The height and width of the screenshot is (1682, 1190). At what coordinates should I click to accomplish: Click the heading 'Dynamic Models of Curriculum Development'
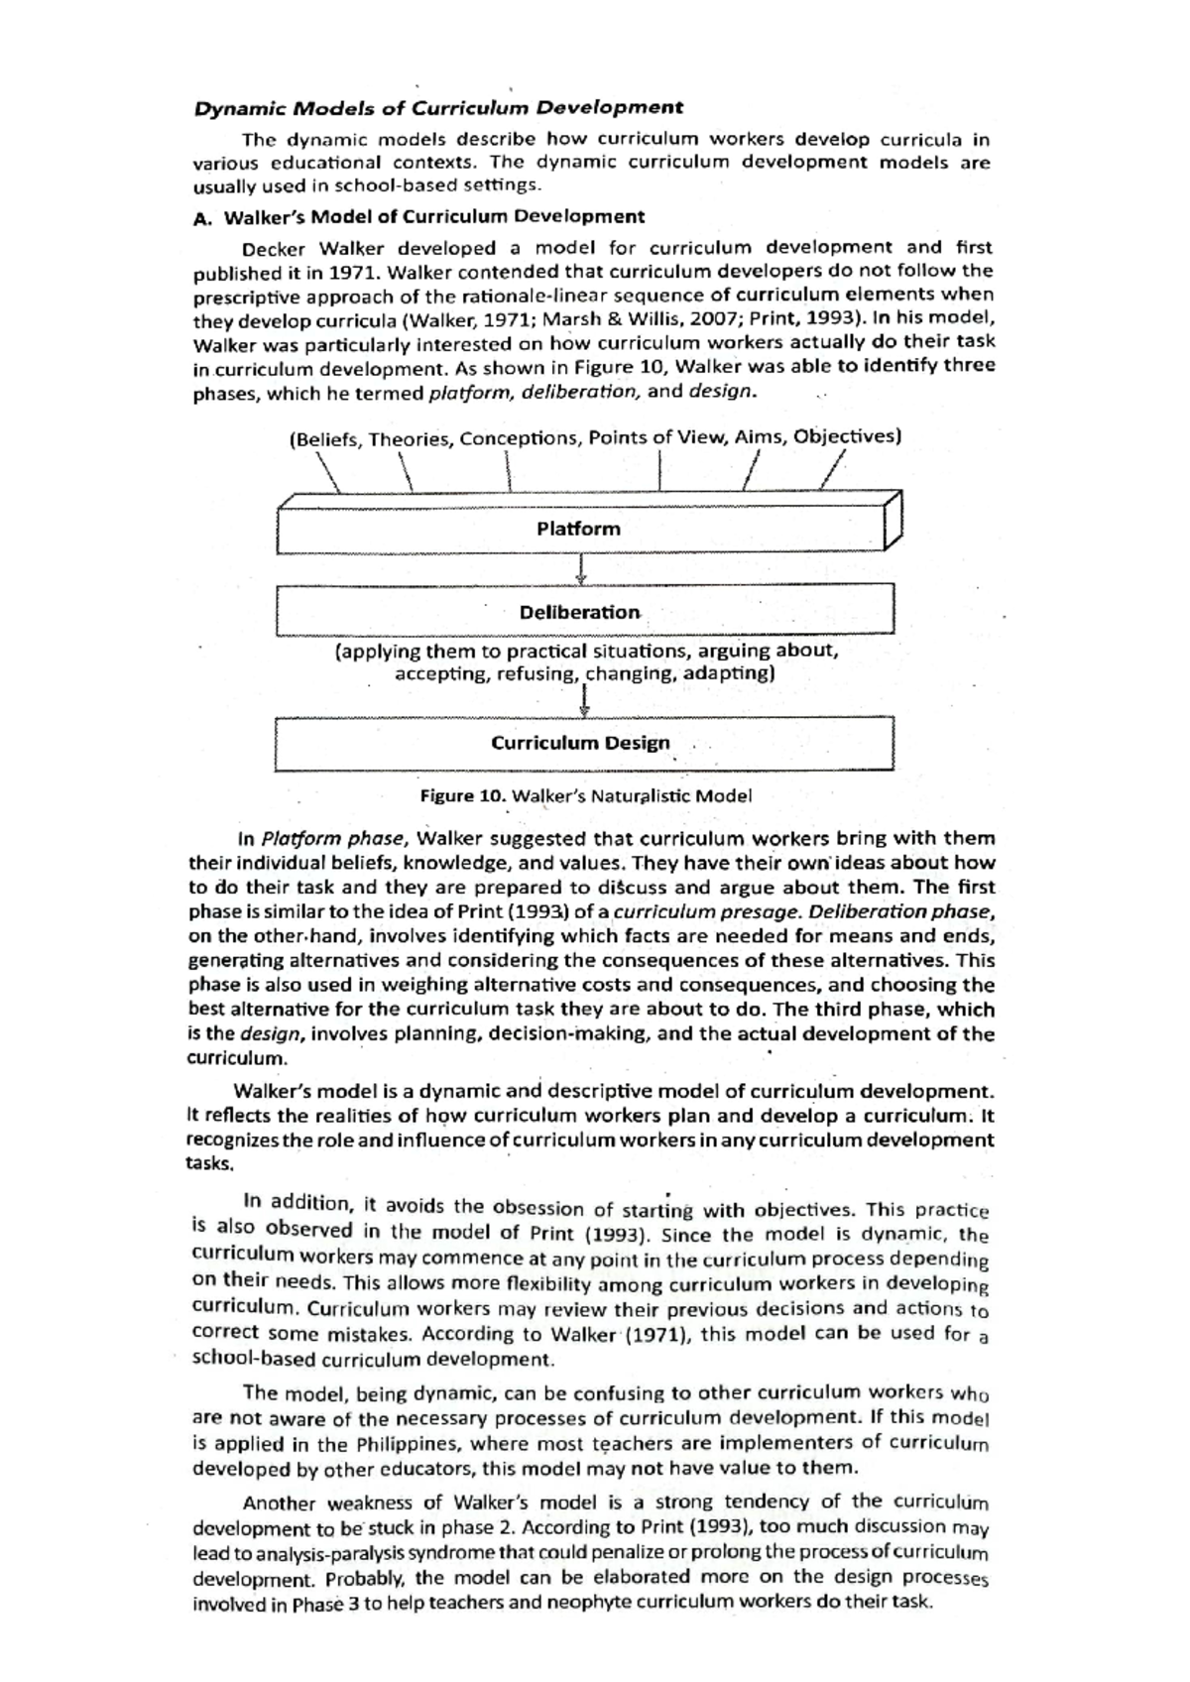pyautogui.click(x=438, y=107)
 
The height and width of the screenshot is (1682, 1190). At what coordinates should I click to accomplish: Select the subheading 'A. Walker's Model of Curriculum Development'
pyautogui.click(x=418, y=216)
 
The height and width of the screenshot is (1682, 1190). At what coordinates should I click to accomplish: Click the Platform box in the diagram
pyautogui.click(x=580, y=529)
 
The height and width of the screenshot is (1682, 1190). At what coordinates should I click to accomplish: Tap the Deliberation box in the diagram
pyautogui.click(x=580, y=612)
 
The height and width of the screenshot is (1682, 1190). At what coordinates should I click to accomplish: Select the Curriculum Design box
pyautogui.click(x=580, y=744)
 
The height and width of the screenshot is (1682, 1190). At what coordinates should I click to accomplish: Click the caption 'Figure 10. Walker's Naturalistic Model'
pyautogui.click(x=586, y=795)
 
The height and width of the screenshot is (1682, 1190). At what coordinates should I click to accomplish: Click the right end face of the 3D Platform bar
pyautogui.click(x=893, y=520)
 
